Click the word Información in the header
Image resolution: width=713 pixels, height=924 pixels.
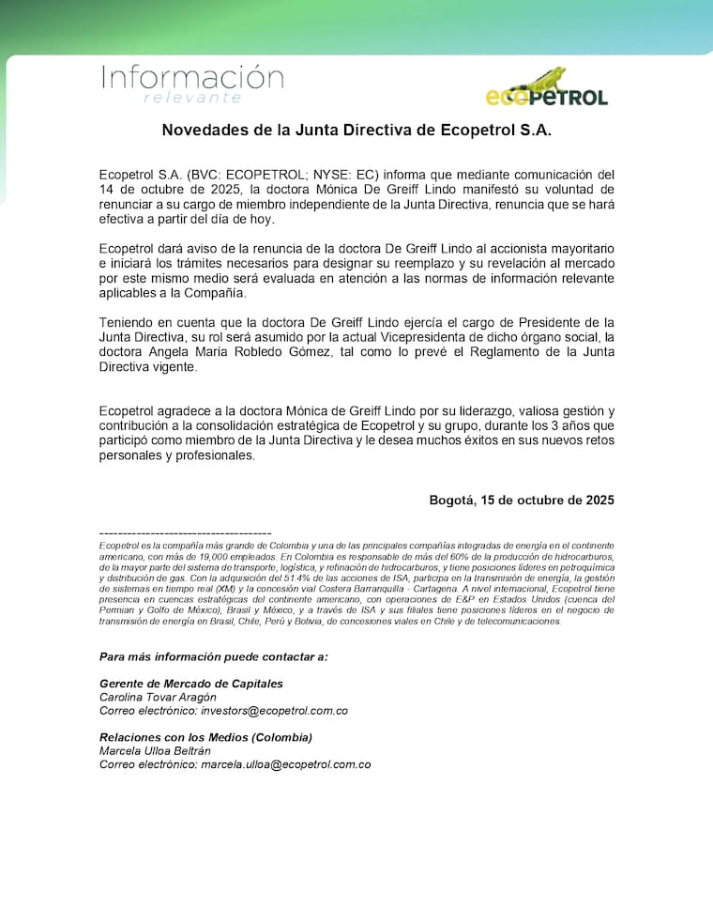192,76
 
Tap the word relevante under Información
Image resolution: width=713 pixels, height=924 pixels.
192,98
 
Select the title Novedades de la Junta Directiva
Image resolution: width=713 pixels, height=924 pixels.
356,130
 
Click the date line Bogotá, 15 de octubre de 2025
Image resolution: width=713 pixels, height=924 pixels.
522,500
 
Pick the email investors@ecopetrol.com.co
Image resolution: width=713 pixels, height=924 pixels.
275,711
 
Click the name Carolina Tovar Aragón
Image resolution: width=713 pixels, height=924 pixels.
158,697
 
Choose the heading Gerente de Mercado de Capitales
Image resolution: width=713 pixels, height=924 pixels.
191,684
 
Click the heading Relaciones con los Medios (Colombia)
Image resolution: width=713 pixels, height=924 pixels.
205,737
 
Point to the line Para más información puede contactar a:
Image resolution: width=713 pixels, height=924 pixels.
214,656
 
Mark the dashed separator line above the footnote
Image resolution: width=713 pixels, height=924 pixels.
185,533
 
